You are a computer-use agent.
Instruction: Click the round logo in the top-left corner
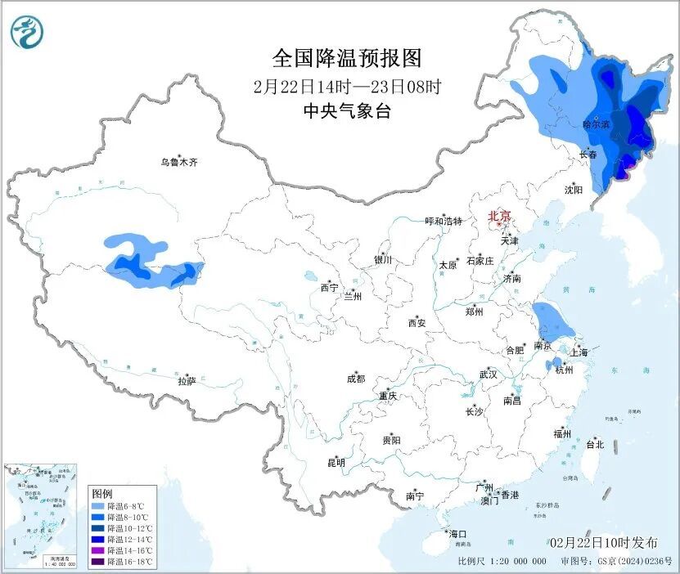point(26,32)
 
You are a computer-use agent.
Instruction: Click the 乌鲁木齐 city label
point(178,162)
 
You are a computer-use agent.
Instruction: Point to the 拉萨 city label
point(187,381)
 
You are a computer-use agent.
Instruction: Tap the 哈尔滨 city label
point(595,124)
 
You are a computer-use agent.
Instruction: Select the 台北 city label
point(595,445)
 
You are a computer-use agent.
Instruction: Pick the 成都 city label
point(356,379)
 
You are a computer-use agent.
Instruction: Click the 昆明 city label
point(336,463)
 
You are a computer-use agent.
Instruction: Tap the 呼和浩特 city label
point(444,221)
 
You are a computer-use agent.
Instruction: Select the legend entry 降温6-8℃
point(119,507)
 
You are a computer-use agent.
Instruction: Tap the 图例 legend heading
point(102,494)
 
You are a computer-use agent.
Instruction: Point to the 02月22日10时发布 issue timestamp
point(603,543)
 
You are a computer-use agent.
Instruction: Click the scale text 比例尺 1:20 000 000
point(502,562)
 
